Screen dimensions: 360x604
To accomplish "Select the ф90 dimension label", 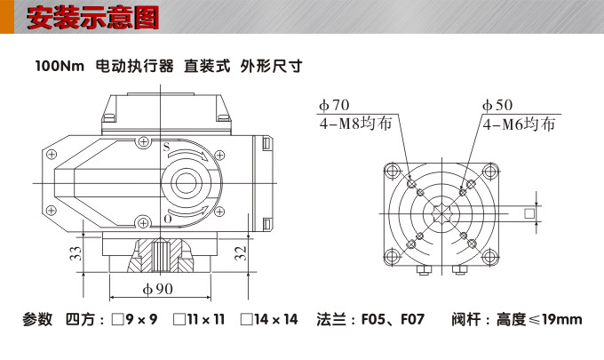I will click(157, 290).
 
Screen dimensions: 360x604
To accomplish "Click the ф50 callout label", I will click(497, 106).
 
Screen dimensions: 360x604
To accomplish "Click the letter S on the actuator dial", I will click(165, 146).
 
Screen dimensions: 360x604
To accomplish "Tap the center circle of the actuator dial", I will click(186, 184).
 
